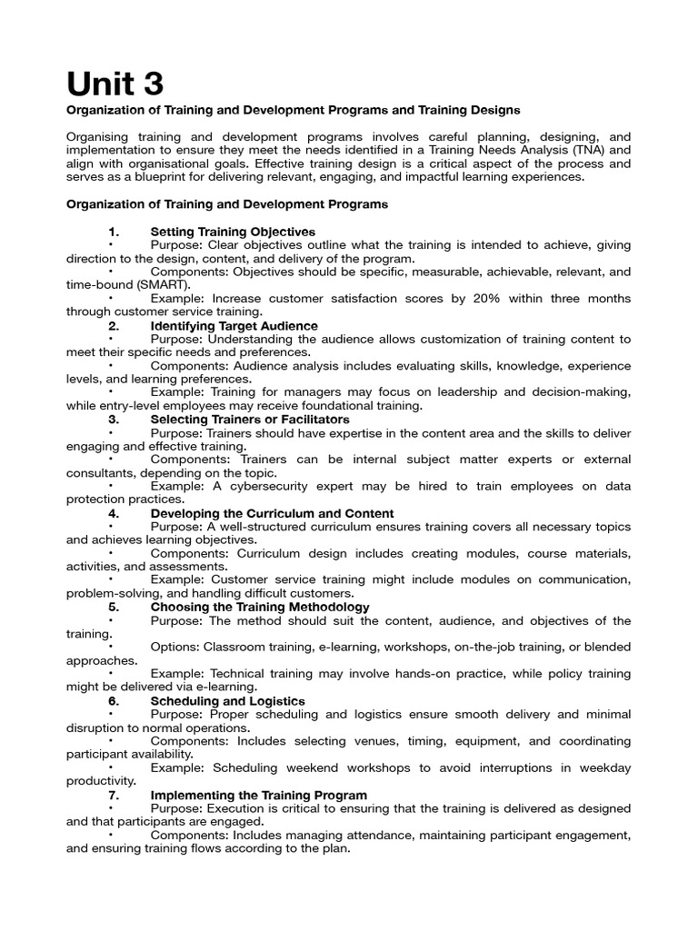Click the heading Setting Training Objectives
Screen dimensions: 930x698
pos(233,232)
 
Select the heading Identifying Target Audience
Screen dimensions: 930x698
pos(234,325)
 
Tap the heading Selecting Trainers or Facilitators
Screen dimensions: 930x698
pos(249,420)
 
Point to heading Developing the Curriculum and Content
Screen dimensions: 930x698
pos(272,513)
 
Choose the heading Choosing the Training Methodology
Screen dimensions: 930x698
pos(259,607)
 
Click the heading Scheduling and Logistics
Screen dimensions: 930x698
pos(227,701)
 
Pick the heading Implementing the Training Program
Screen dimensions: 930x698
pos(258,795)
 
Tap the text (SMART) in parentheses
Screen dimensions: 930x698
pos(160,283)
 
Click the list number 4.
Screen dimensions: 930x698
pos(114,513)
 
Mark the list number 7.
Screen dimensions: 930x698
pos(114,795)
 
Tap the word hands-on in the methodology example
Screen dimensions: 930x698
pos(418,673)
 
